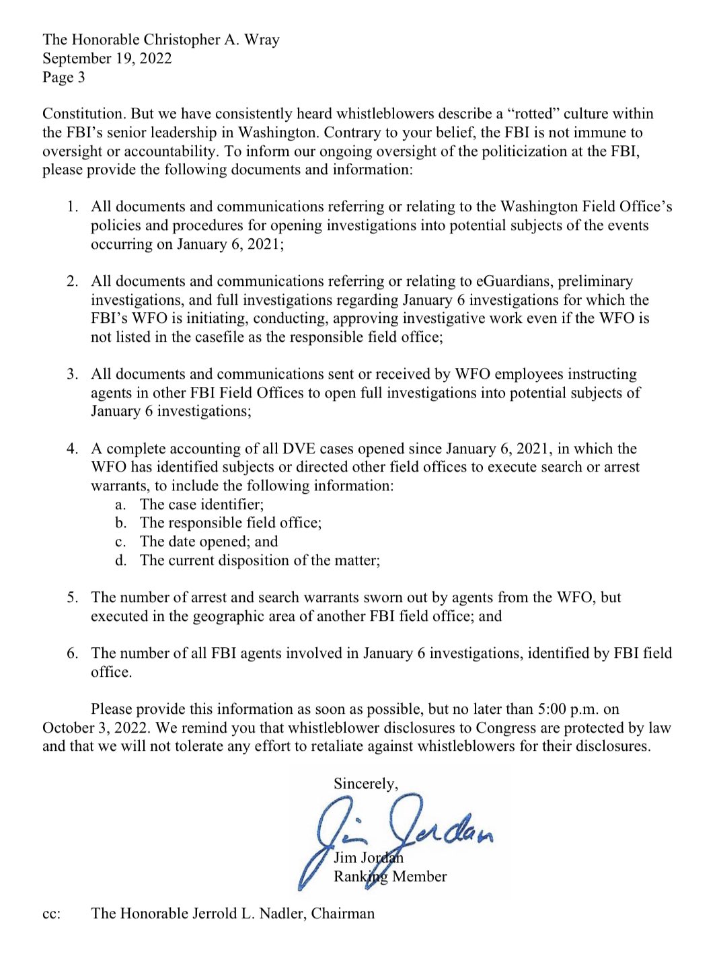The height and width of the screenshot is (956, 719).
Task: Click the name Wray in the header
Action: pos(262,40)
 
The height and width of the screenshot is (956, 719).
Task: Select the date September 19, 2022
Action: pos(107,59)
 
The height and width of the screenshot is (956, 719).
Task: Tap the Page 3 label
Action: pos(64,77)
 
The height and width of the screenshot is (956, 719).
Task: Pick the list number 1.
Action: pos(72,207)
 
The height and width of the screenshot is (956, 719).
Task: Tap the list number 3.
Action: pos(72,374)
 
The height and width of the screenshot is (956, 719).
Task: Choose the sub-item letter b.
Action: pos(120,523)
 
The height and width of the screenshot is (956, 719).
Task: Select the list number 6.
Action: pos(72,653)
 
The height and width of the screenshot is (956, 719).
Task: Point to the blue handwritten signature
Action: pos(397,834)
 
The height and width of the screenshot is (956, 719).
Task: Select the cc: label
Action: pos(51,914)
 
